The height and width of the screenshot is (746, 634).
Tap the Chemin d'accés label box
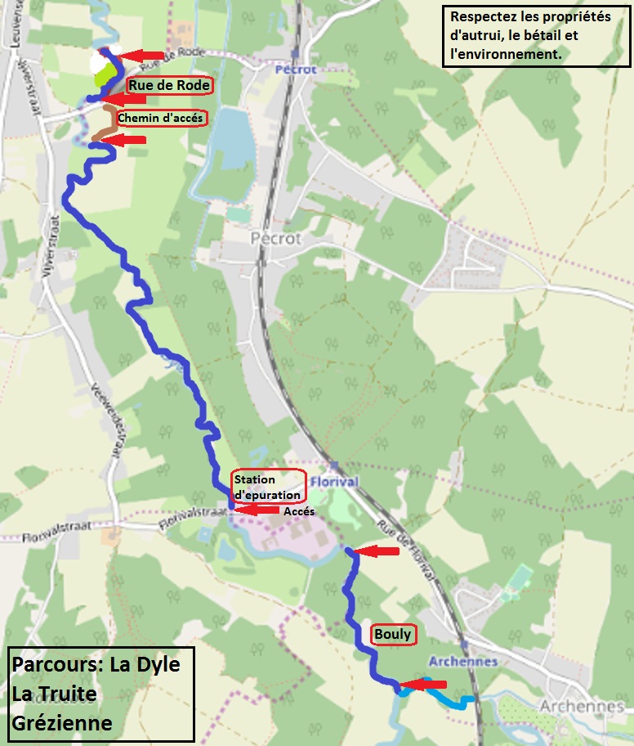[x=161, y=118]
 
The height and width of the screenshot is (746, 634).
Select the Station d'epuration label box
[x=267, y=487]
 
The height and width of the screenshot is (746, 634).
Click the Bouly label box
[x=392, y=634]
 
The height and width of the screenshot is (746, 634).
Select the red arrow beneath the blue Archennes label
[x=426, y=684]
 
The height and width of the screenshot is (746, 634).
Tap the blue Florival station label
[x=333, y=482]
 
